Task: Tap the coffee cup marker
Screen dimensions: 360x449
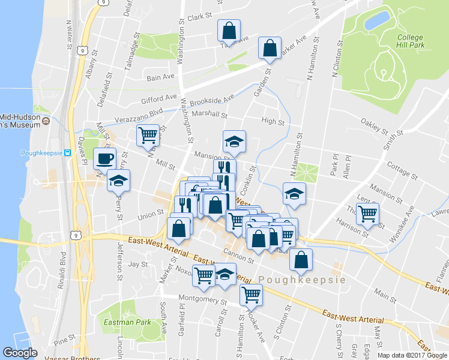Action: pos(105,159)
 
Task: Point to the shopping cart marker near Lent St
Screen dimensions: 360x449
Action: pos(367,213)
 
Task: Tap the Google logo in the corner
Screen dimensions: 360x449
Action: pos(20,353)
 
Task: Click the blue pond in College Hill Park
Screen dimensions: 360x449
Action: pos(376,21)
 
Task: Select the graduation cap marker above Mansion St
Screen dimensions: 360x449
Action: pos(234,142)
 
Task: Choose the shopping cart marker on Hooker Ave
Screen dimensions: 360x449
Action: pos(250,294)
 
